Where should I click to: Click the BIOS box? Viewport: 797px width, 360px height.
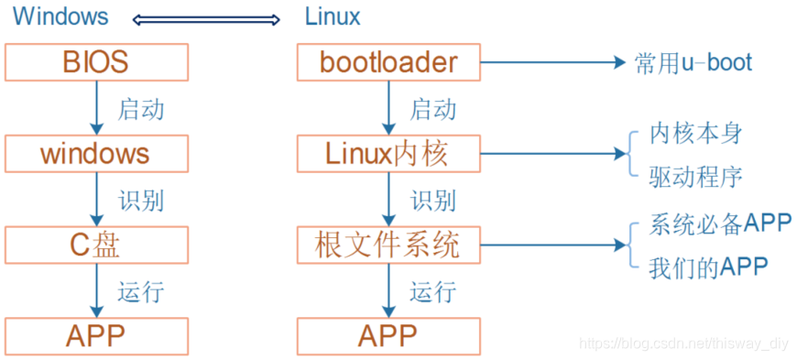click(x=96, y=62)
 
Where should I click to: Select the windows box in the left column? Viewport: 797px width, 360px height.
click(x=96, y=153)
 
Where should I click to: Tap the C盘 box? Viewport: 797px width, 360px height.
click(x=96, y=245)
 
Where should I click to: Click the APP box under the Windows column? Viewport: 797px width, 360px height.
click(x=96, y=335)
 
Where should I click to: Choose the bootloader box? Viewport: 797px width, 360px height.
click(x=388, y=62)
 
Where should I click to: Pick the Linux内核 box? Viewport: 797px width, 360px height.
click(x=388, y=153)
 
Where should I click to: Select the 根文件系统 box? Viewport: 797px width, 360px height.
click(x=388, y=245)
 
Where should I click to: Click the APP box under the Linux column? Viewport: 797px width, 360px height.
click(x=388, y=335)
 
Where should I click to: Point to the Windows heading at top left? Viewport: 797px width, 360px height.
click(x=60, y=16)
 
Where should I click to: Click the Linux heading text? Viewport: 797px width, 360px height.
click(x=333, y=16)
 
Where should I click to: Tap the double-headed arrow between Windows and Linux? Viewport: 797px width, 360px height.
click(x=205, y=17)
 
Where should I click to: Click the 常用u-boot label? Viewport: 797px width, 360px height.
click(x=693, y=62)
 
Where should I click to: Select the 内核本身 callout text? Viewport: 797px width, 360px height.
click(x=695, y=134)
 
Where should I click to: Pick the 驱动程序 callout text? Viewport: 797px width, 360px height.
click(x=695, y=176)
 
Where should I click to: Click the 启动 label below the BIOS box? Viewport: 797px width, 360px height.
click(x=141, y=109)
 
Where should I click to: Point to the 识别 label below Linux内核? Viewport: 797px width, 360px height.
click(x=432, y=201)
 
